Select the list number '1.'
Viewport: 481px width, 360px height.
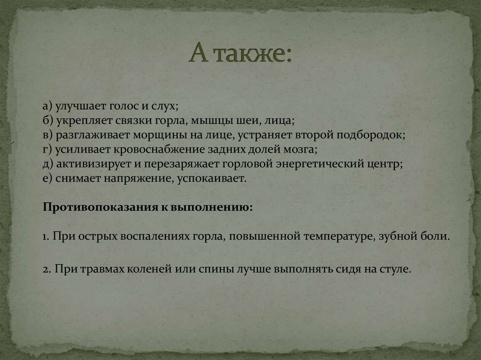[46, 236]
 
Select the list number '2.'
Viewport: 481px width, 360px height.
[47, 270]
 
